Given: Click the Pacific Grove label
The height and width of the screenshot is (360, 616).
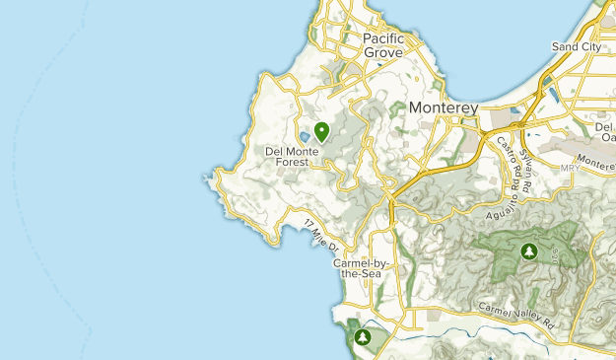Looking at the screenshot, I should point(389,44).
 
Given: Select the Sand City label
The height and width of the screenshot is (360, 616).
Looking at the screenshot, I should point(578,46).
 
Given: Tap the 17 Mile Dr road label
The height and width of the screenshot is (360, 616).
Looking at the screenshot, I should point(321,233).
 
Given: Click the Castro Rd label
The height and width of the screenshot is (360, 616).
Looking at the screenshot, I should point(513,160).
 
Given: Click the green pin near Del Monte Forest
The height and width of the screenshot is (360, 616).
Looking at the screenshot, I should point(320,129).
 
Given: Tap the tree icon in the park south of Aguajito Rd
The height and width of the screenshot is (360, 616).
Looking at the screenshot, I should point(529,252).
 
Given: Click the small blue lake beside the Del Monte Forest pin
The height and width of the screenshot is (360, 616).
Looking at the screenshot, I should point(306,136).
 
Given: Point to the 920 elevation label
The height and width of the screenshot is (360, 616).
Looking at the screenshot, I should point(555,255).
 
